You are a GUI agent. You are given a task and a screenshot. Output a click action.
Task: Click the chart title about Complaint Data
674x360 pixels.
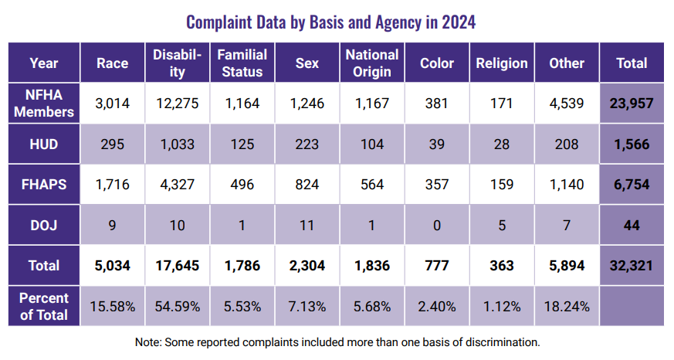click(x=331, y=22)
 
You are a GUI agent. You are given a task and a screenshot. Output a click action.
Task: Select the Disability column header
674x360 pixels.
click(x=178, y=63)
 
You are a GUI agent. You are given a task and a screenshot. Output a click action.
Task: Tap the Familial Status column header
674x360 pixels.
click(x=242, y=63)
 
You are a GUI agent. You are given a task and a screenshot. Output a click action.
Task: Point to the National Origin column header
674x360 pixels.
click(x=372, y=63)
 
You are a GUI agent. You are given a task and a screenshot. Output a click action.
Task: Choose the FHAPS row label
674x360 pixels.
click(x=45, y=185)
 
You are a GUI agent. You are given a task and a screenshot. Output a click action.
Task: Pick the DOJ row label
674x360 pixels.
click(x=45, y=226)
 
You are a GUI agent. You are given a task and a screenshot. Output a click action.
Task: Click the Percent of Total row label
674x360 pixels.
click(x=45, y=306)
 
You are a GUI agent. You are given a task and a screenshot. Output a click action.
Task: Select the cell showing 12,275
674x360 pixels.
click(x=178, y=104)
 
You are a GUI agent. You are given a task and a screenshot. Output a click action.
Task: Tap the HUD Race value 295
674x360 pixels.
click(x=113, y=144)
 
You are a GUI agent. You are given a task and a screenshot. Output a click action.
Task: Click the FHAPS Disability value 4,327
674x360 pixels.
click(x=178, y=185)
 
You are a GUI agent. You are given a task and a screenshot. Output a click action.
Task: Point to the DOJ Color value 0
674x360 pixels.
click(x=437, y=226)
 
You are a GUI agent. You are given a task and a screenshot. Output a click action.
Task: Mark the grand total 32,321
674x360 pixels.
click(x=632, y=266)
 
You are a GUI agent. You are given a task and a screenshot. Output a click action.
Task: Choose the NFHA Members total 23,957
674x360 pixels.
click(x=632, y=104)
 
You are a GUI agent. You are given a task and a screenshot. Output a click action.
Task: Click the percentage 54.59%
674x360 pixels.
click(x=178, y=307)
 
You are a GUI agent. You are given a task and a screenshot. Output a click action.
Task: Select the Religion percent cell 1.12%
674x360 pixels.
click(x=502, y=307)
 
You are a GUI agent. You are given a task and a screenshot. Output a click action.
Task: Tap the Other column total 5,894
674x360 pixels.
click(x=567, y=266)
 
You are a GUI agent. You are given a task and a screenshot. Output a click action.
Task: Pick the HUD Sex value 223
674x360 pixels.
click(x=307, y=144)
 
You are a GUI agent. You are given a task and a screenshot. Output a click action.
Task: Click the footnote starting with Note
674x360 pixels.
click(x=337, y=341)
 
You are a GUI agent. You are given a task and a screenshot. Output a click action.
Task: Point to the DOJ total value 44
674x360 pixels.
click(x=632, y=226)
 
